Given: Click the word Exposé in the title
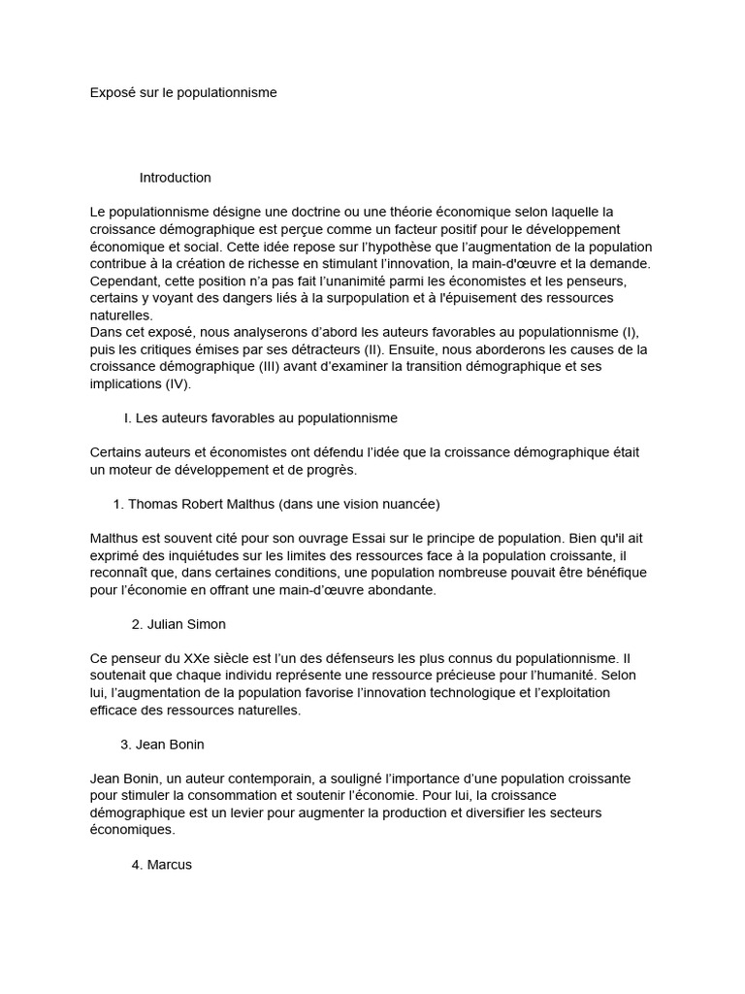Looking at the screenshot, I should coord(113,92).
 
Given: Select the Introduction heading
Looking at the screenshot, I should coord(175,178).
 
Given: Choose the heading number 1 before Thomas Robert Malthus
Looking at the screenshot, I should coord(117,504).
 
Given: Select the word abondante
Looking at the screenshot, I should coord(395,589).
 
